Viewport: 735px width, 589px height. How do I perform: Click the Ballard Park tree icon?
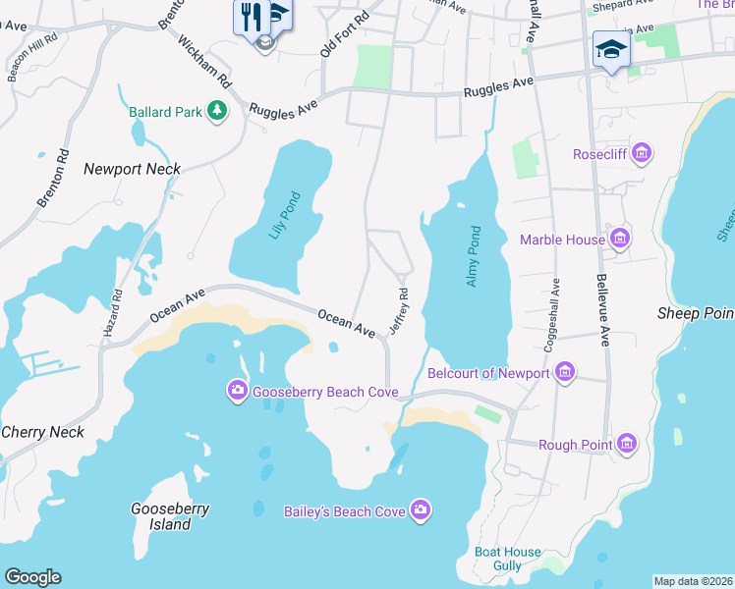(x=217, y=112)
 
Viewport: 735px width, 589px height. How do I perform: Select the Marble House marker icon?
(x=619, y=239)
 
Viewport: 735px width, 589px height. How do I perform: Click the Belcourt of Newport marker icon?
(x=564, y=373)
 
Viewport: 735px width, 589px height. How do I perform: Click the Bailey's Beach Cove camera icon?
(x=421, y=509)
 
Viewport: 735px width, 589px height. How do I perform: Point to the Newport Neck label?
(x=132, y=169)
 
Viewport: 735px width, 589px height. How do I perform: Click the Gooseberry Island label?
(x=163, y=516)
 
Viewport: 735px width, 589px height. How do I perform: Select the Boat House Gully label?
(x=508, y=560)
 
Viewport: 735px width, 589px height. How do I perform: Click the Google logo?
(x=32, y=577)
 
